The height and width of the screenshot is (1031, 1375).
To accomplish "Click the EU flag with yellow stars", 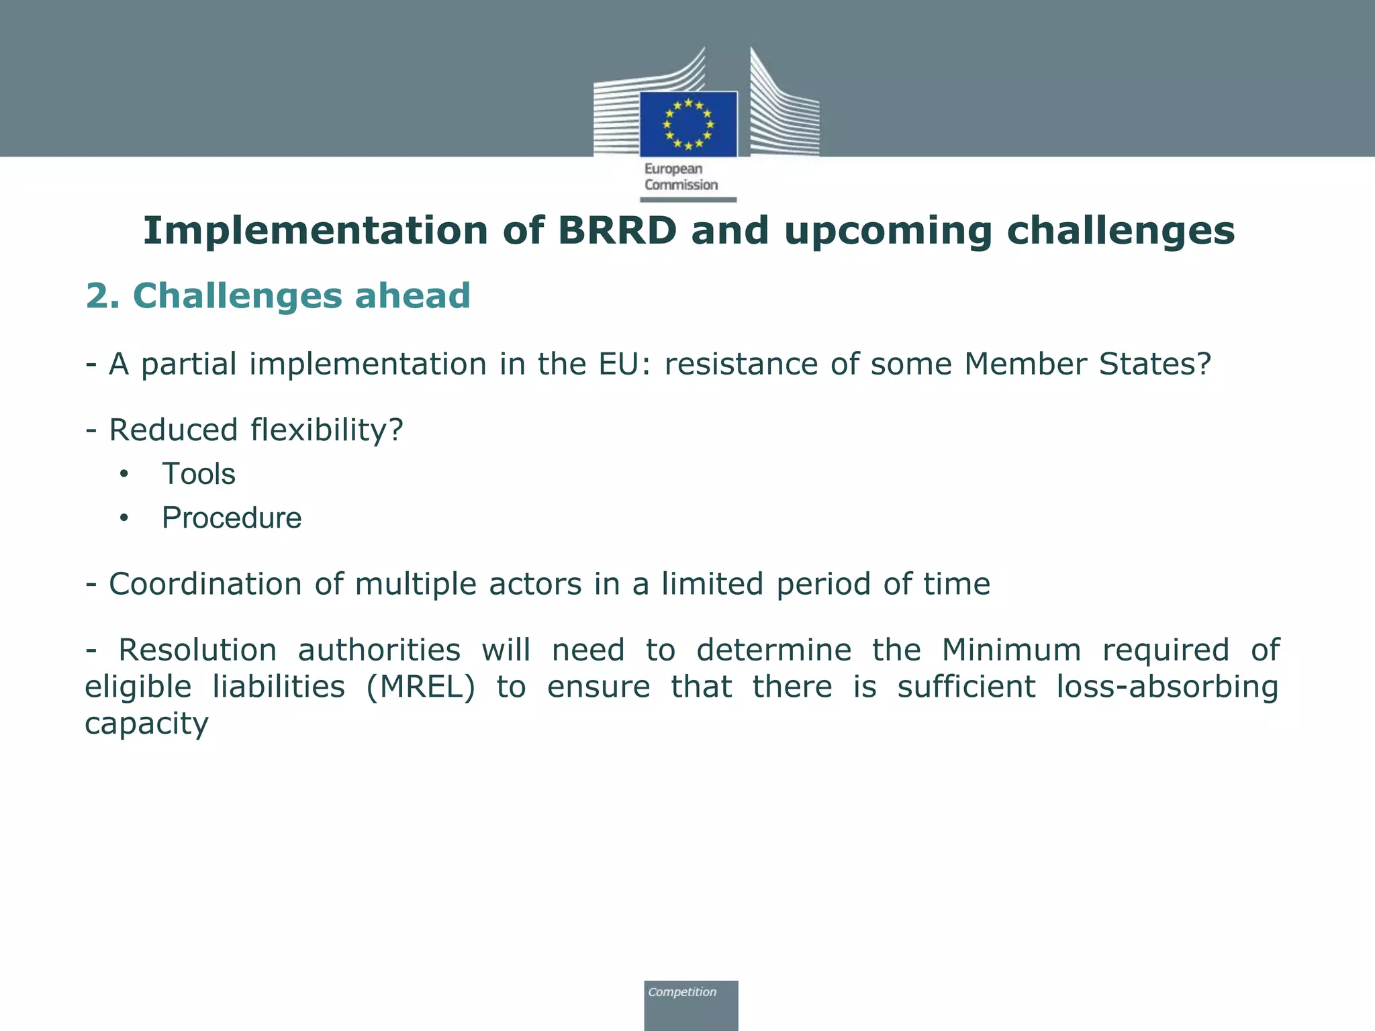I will (688, 124).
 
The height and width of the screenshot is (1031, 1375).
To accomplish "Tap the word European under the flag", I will (673, 169).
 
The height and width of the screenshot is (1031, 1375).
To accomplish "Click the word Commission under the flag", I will (681, 185).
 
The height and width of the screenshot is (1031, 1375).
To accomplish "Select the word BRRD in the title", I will (617, 231).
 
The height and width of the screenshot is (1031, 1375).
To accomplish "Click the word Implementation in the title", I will (315, 231).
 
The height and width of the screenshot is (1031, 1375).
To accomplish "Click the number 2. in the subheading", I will (103, 296).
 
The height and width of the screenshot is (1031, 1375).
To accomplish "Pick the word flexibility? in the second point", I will (326, 430).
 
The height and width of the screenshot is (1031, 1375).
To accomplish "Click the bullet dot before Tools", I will (123, 475).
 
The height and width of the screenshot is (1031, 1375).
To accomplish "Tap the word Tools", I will (199, 475).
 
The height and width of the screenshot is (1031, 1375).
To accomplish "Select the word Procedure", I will (232, 518).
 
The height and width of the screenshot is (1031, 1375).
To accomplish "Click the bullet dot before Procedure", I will (123, 518).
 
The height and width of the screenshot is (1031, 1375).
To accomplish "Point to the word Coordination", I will (205, 584).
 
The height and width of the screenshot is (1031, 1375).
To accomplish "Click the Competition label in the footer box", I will (682, 992).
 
